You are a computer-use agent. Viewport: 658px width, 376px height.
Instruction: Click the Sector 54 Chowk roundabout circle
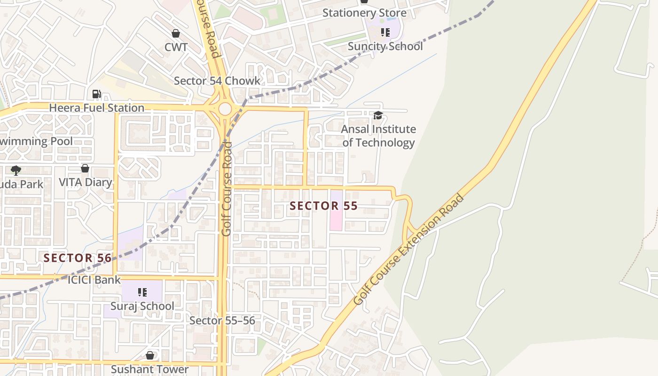pyautogui.click(x=225, y=109)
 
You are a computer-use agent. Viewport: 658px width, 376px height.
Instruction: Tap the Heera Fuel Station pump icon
pyautogui.click(x=96, y=94)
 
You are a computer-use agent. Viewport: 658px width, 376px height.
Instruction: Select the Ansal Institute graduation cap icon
pyautogui.click(x=378, y=115)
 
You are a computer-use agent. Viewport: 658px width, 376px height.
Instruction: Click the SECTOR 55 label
pyautogui.click(x=323, y=206)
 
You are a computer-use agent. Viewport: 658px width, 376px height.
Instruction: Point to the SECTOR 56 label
pyautogui.click(x=78, y=258)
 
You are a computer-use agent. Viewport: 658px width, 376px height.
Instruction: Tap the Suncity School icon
pyautogui.click(x=385, y=32)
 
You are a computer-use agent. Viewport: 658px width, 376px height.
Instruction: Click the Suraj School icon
pyautogui.click(x=142, y=292)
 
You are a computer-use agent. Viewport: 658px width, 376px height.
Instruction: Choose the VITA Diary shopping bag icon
pyautogui.click(x=85, y=168)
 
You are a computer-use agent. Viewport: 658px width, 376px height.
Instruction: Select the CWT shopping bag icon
pyautogui.click(x=176, y=33)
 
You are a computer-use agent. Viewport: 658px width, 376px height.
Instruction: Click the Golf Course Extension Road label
pyautogui.click(x=408, y=250)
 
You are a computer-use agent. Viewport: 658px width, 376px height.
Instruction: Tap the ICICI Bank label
pyautogui.click(x=94, y=280)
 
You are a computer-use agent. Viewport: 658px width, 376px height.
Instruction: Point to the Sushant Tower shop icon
pyautogui.click(x=149, y=355)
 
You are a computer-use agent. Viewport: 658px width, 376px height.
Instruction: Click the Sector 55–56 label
pyautogui.click(x=222, y=321)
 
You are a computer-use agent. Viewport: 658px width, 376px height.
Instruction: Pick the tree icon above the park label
pyautogui.click(x=16, y=170)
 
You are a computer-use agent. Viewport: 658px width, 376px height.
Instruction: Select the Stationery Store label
pyautogui.click(x=364, y=13)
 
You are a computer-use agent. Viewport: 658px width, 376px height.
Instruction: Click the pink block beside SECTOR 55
pyautogui.click(x=336, y=211)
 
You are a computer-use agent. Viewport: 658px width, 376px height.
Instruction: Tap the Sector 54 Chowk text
pyautogui.click(x=217, y=81)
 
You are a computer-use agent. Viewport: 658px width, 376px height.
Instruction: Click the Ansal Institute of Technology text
pyautogui.click(x=378, y=136)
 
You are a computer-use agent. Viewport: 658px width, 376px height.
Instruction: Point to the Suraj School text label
pyautogui.click(x=142, y=306)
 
